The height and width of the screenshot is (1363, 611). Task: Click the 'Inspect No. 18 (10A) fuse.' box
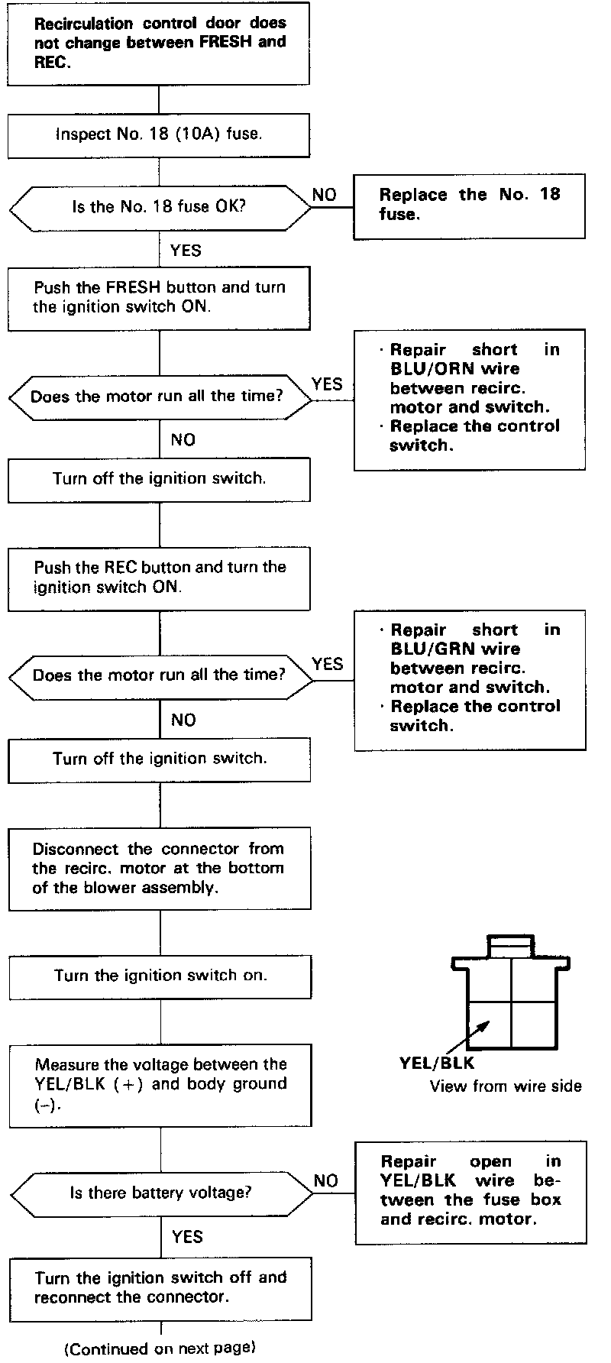pos(159,135)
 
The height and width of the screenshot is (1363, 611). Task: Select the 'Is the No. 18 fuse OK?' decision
pos(159,207)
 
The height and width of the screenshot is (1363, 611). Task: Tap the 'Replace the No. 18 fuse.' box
pos(469,206)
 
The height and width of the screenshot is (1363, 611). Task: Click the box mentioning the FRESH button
pos(159,298)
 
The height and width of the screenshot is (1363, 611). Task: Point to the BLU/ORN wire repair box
pos(469,399)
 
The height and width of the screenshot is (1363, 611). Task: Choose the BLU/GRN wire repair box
pos(469,679)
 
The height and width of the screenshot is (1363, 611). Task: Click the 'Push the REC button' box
pos(159,578)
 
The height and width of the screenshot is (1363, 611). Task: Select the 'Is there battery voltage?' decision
pos(160,1193)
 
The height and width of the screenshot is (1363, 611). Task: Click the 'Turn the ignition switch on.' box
pos(160,976)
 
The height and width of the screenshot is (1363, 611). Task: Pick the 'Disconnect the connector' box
pos(160,869)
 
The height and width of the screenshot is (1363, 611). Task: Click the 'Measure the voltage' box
pos(160,1085)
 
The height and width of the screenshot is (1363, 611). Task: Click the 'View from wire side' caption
pos(506,1086)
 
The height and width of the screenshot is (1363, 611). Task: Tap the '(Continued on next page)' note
pos(160,1348)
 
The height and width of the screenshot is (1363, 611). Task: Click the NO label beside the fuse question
pos(325,195)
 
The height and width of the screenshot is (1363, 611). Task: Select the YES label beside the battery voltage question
pos(187,1237)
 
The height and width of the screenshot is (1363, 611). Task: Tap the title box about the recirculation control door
pos(159,43)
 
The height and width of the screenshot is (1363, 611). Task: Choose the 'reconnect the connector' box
pos(160,1288)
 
